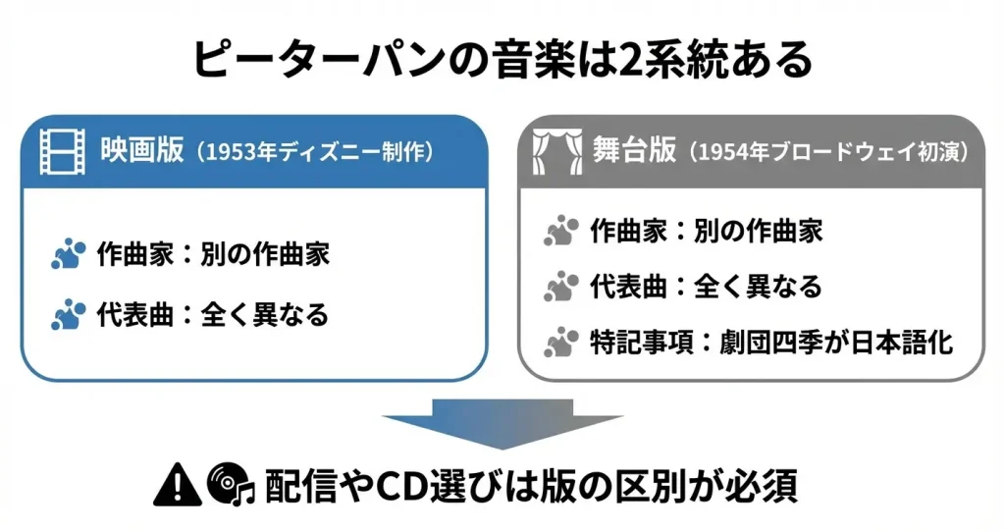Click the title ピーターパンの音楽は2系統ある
click(x=502, y=60)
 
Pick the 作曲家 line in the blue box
click(x=213, y=255)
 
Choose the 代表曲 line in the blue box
click(x=212, y=315)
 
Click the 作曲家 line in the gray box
click(x=706, y=232)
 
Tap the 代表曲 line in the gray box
click(x=705, y=288)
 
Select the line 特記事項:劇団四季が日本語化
click(x=770, y=345)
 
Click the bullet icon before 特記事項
click(x=560, y=345)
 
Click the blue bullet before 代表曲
click(x=68, y=316)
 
